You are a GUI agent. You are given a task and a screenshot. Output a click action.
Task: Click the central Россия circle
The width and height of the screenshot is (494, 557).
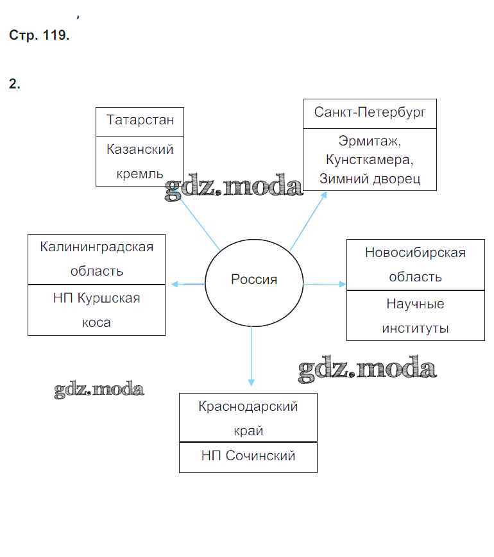[253, 280]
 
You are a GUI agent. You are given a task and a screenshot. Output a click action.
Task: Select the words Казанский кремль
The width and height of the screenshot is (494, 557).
[140, 161]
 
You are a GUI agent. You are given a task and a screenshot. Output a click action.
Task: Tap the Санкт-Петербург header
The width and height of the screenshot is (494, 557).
[370, 113]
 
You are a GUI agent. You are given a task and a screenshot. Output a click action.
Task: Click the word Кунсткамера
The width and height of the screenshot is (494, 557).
[370, 159]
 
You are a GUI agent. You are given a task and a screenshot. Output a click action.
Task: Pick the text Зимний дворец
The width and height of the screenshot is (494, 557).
[370, 178]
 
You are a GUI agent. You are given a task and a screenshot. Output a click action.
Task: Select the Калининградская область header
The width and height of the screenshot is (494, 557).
[96, 258]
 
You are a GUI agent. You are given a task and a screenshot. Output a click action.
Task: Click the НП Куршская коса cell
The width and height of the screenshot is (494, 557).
[96, 310]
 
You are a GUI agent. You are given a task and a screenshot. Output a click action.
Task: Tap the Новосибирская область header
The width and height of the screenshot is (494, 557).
[415, 264]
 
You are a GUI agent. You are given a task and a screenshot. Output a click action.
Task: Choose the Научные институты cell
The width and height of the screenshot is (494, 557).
[415, 315]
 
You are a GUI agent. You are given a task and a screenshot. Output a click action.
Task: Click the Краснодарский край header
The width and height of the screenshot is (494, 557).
[248, 418]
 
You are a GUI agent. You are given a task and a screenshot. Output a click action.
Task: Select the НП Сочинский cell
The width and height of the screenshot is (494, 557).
[248, 456]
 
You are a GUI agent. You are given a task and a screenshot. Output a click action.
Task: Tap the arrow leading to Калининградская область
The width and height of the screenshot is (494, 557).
[187, 283]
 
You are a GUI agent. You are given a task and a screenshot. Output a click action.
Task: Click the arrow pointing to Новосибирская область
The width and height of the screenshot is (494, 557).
[324, 283]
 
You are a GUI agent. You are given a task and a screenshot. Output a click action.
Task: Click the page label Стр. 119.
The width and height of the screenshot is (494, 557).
[39, 36]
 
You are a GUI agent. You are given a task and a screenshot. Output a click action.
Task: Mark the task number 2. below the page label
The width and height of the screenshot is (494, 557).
[15, 84]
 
